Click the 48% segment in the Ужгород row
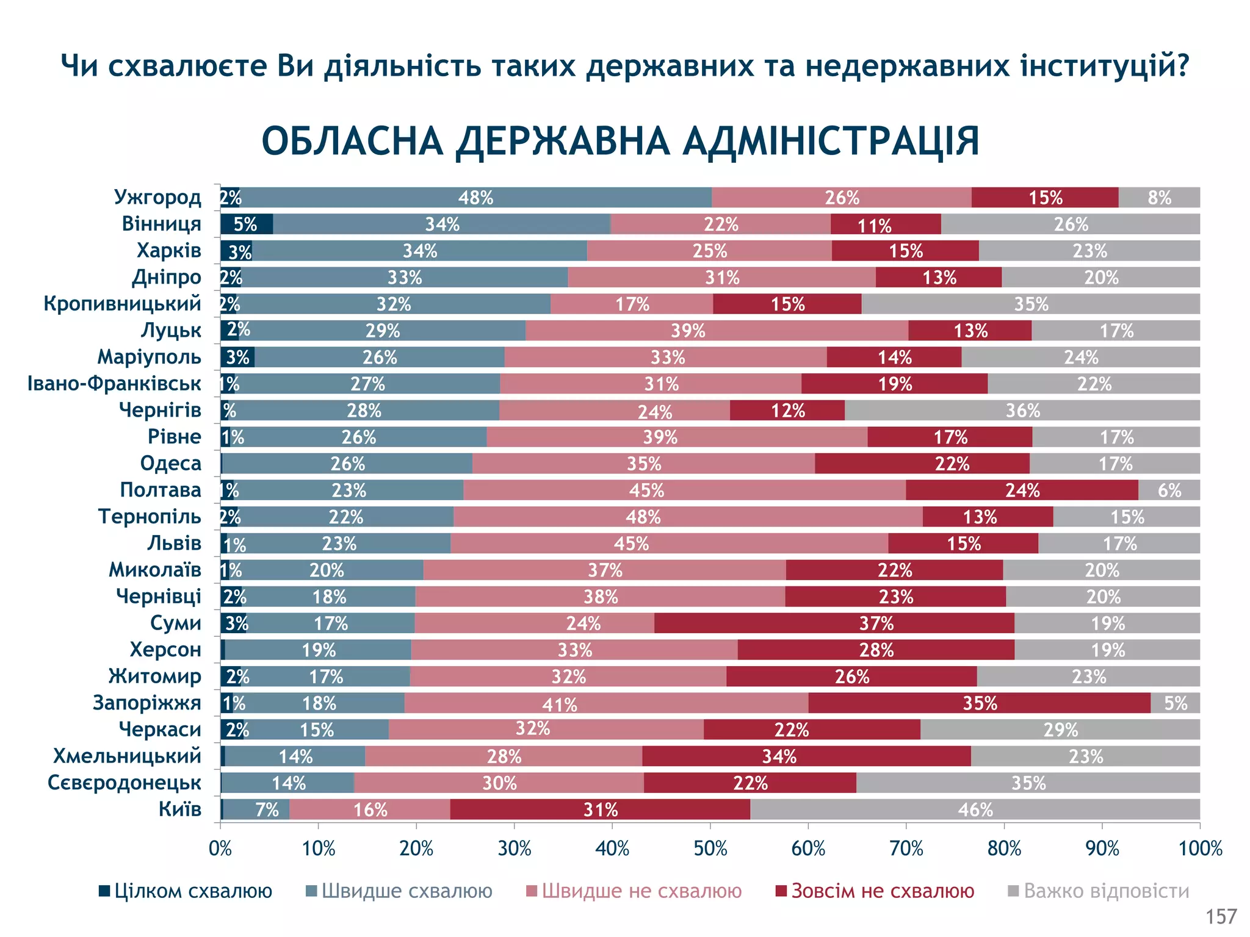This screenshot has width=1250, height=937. tap(475, 198)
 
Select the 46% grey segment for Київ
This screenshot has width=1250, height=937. tap(975, 810)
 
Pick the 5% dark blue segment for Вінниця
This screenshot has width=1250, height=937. tap(246, 224)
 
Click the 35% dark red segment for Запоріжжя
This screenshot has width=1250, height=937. tap(979, 703)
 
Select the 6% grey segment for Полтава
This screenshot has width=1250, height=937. tap(1169, 490)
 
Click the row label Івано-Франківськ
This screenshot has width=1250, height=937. tap(114, 384)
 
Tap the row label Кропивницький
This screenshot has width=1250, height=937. tap(122, 304)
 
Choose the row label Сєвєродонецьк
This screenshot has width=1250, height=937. tap(125, 783)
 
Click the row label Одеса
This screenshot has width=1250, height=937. tap(170, 464)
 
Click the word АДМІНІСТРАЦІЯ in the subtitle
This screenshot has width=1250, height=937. tap(831, 142)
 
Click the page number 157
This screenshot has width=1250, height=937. tap(1221, 916)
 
